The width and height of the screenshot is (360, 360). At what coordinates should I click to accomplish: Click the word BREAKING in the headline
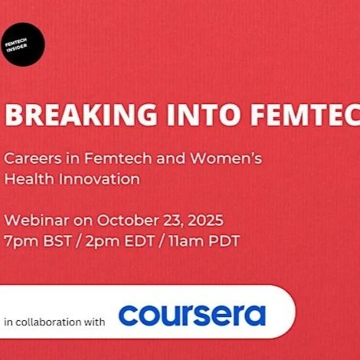70,114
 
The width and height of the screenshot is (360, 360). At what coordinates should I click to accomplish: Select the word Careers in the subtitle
31,159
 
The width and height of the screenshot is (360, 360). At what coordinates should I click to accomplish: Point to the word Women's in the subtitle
230,159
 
